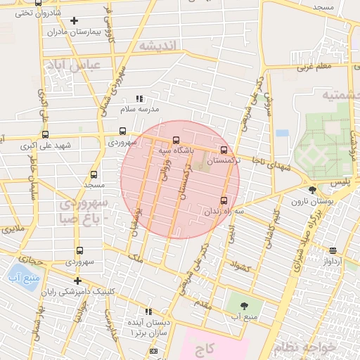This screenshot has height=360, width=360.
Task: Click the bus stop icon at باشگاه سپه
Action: [x=176, y=140]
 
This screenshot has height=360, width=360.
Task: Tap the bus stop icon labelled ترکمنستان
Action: [x=224, y=150]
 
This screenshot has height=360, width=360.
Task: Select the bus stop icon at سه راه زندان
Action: [x=224, y=200]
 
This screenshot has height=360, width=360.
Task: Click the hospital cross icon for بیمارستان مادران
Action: [x=74, y=20]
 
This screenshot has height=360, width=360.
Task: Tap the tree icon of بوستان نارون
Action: [x=312, y=190]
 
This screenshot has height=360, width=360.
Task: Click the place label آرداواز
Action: [x=333, y=261]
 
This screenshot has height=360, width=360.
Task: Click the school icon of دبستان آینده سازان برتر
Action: [x=148, y=311]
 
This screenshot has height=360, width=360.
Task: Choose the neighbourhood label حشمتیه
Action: [x=336, y=94]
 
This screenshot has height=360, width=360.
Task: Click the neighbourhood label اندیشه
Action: [x=160, y=46]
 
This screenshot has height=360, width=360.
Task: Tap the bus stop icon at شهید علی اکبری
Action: [x=46, y=135]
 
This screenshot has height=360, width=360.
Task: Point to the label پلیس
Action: [x=340, y=182]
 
